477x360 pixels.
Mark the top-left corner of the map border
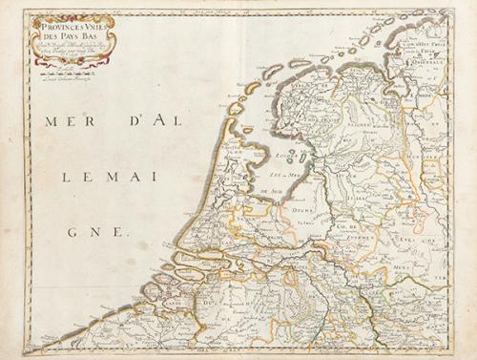tap(26, 11)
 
